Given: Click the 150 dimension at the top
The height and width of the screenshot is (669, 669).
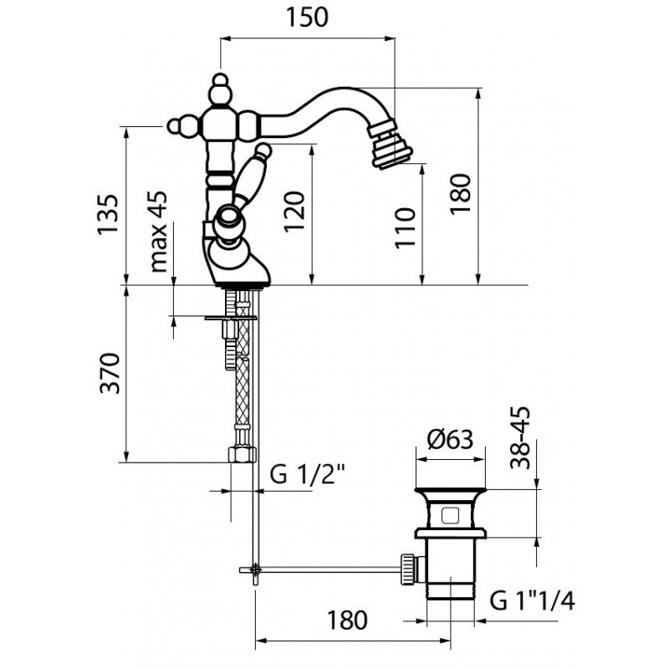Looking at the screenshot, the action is [307, 18].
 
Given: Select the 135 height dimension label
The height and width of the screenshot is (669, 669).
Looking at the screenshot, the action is [107, 215].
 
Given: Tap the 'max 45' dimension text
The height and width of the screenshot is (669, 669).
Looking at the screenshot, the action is [158, 232].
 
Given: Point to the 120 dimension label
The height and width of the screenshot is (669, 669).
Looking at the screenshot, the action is [295, 212].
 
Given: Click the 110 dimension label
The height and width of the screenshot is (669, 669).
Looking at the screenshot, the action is [405, 227].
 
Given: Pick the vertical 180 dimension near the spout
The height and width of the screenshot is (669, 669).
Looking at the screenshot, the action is [461, 194].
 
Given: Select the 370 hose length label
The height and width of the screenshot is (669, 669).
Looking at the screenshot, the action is [110, 373].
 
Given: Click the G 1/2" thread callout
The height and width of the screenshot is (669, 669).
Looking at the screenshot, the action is [307, 474].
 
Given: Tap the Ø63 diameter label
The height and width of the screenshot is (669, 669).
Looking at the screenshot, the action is [451, 439].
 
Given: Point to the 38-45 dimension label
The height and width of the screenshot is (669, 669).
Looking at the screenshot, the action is [520, 438].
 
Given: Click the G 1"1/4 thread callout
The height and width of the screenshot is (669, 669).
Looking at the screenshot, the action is [532, 600].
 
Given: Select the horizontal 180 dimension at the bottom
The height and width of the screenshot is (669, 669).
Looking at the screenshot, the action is [347, 620].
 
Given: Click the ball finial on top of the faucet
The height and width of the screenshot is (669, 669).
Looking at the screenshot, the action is [220, 79].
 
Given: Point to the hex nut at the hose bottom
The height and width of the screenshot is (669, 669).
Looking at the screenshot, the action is [243, 454].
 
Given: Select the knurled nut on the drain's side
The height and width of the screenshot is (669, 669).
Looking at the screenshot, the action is [407, 568].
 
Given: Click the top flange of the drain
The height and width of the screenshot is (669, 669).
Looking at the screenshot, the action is [451, 492].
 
